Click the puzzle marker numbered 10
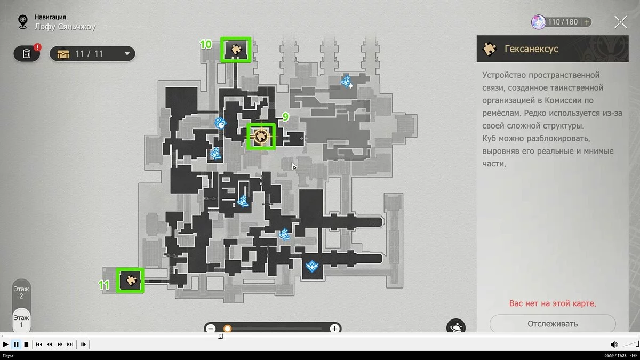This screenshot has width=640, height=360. pos(236,50)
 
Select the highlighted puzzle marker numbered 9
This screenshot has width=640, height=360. pos(261,137)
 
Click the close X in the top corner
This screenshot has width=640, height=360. pos(621,22)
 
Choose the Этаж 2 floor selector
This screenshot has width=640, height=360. pos(21,292)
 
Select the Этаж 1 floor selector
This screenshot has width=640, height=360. pos(21,321)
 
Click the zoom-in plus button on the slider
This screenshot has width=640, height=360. pos(334,329)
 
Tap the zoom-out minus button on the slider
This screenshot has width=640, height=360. pos(211,329)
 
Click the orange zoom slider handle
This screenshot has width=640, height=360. pos(227,329)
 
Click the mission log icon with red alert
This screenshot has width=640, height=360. pos(27,53)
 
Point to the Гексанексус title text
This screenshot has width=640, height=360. pos(531,49)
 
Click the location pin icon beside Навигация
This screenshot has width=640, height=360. pos(23,22)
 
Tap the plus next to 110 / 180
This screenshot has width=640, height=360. pos(587,22)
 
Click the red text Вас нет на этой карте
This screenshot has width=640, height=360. pos(553,303)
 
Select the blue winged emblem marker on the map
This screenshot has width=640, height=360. pos(312,266)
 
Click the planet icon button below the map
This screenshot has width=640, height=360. pos(455,326)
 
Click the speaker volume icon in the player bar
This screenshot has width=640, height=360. pos(614,345)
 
